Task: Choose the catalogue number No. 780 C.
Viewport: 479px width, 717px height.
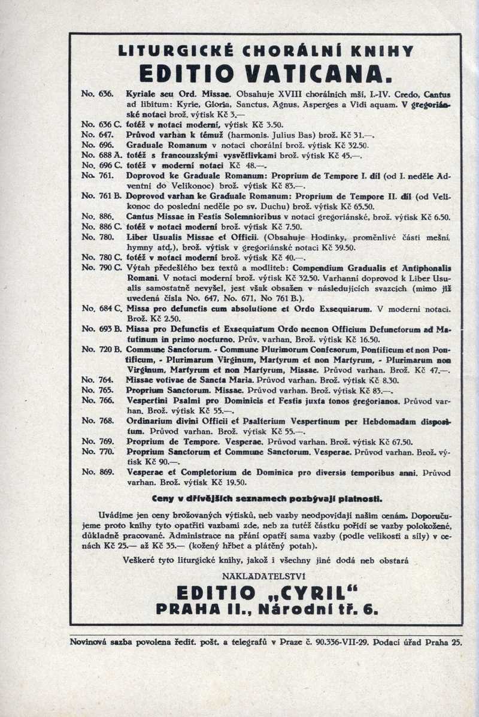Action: click(101, 257)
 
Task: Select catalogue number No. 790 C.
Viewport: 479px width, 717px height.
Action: click(101, 267)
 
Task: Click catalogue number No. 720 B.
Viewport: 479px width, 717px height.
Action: click(101, 349)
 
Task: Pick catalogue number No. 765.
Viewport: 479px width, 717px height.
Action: click(97, 389)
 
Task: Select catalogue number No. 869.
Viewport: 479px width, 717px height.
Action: click(97, 472)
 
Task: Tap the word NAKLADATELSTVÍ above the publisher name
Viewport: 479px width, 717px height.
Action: click(265, 576)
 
